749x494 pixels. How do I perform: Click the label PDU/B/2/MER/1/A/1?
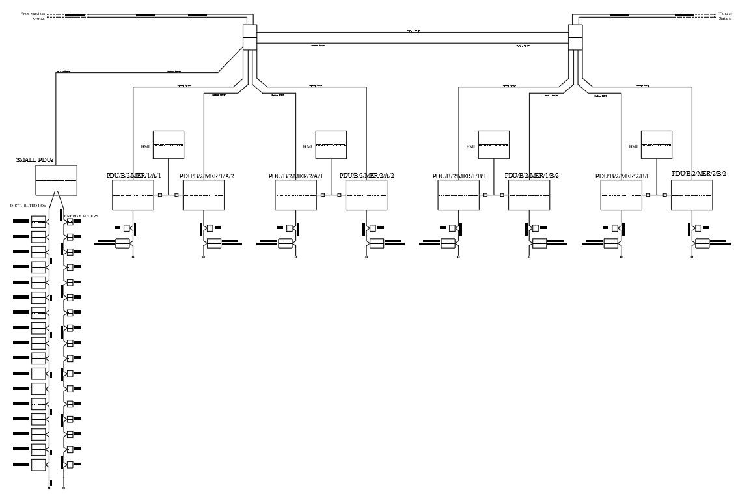(133, 176)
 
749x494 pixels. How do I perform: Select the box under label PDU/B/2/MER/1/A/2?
(203, 195)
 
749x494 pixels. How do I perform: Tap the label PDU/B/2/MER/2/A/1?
(295, 176)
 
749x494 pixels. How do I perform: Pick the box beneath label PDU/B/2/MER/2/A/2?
(366, 195)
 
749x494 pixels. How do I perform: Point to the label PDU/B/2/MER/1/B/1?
(459, 176)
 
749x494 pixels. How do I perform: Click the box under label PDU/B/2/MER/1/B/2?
(528, 195)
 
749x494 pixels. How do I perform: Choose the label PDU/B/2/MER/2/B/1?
(621, 176)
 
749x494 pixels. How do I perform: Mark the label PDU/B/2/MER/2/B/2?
(699, 174)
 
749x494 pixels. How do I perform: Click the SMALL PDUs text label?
(34, 159)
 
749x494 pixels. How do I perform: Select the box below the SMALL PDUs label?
(57, 179)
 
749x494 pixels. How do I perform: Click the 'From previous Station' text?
(33, 16)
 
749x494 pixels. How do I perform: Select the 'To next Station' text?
(725, 16)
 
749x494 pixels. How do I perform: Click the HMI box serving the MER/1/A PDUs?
(169, 144)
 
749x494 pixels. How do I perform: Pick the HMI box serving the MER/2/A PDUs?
(331, 144)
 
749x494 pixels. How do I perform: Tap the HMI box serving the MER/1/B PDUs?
(494, 144)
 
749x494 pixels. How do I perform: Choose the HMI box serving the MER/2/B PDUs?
(657, 144)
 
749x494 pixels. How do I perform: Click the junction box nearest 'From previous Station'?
(250, 38)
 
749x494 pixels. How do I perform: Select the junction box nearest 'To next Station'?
(575, 38)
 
